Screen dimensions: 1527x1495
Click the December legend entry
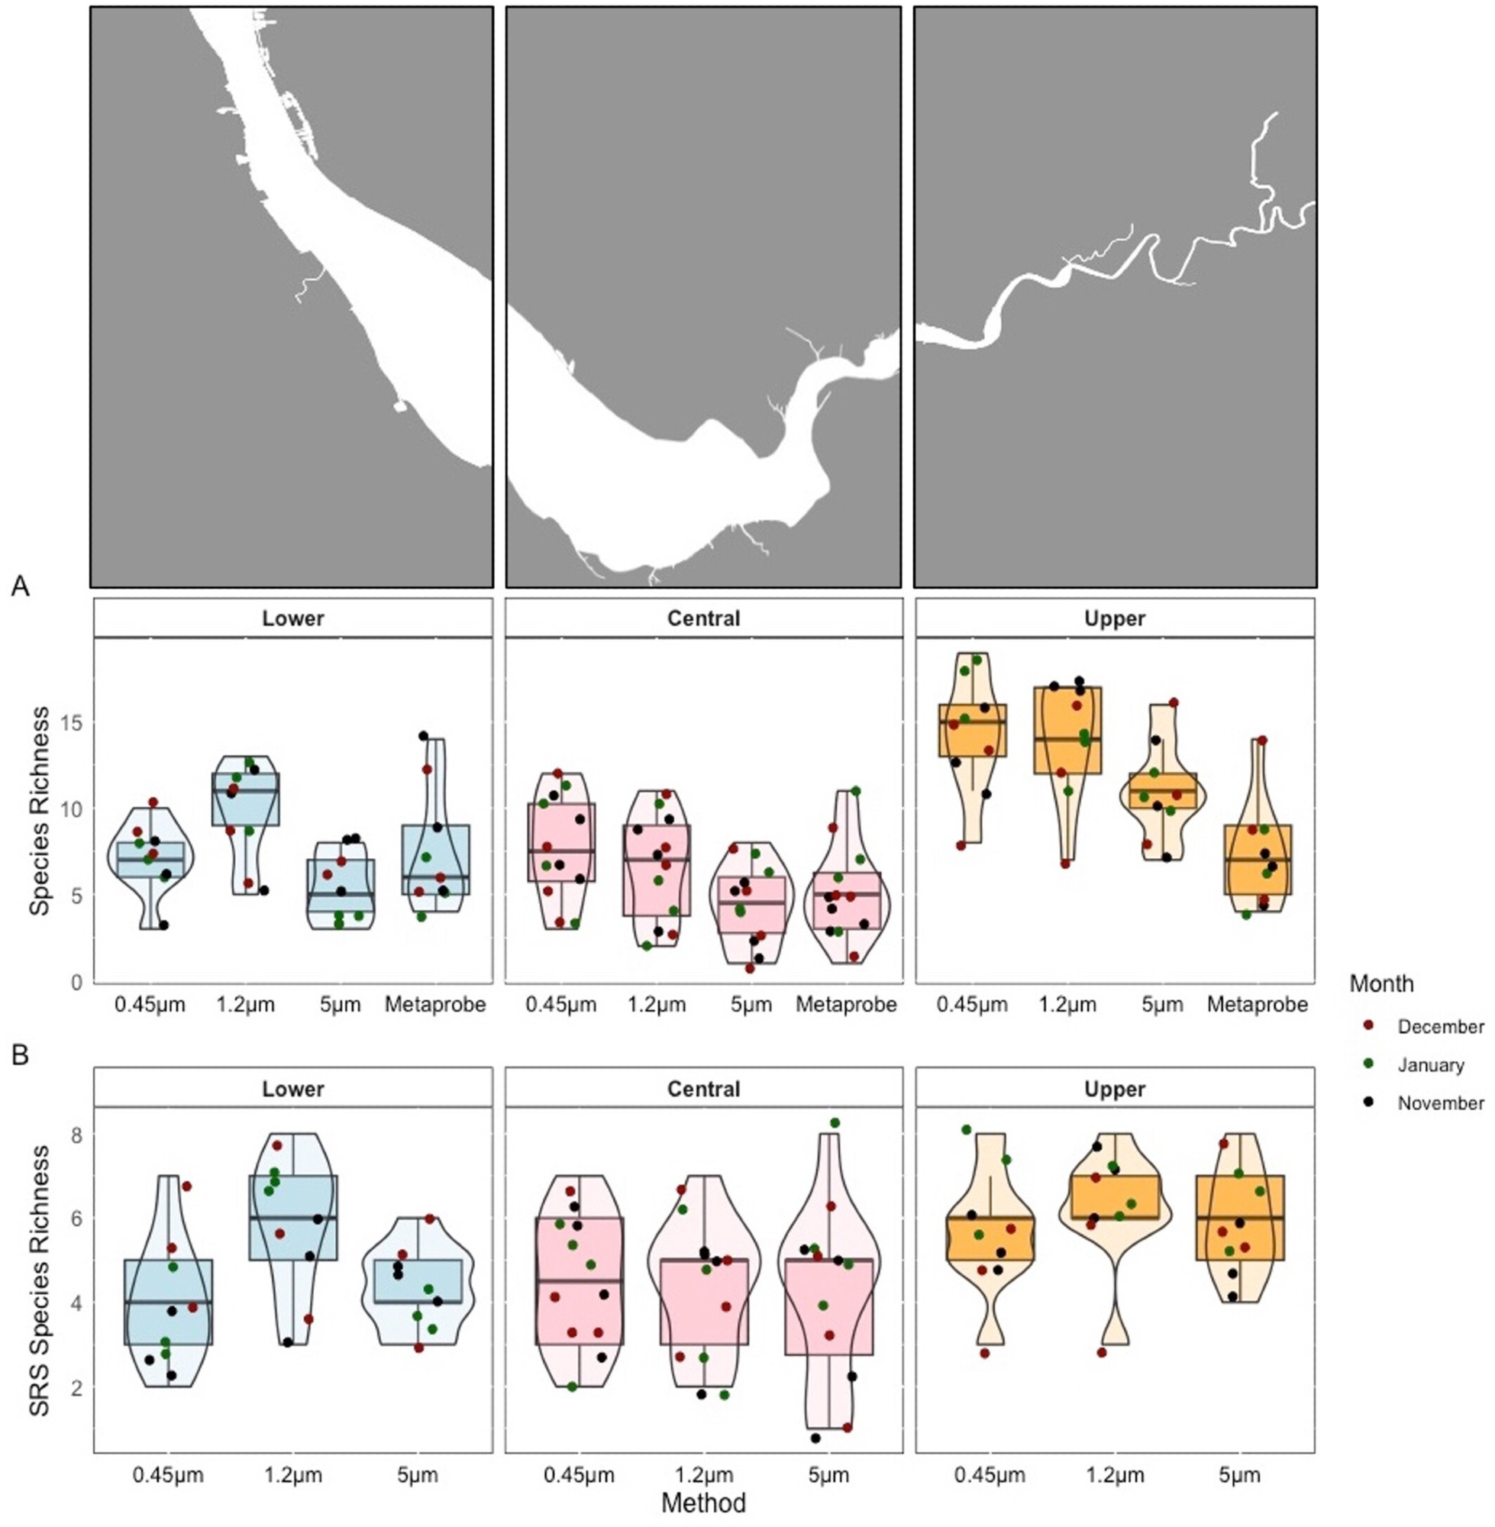[x=1440, y=1027]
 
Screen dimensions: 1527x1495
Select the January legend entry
[x=1431, y=1065]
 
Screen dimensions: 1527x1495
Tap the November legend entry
[x=1440, y=1103]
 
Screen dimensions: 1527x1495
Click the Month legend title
[x=1381, y=983]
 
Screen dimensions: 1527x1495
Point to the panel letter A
[x=21, y=586]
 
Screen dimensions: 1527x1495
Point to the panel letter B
[x=21, y=1054]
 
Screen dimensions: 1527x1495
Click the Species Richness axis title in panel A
[x=39, y=811]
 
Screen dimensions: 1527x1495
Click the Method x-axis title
[x=702, y=1503]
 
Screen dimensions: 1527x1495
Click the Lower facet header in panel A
[x=293, y=618]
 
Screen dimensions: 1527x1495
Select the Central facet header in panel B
[x=703, y=1089]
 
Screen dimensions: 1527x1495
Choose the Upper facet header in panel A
[x=1114, y=618]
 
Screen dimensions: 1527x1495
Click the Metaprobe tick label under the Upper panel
[x=1257, y=1004]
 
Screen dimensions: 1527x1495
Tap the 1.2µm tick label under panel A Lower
[x=246, y=1004]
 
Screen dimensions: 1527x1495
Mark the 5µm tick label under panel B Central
[x=828, y=1475]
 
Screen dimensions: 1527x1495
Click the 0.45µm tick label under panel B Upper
[x=990, y=1475]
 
